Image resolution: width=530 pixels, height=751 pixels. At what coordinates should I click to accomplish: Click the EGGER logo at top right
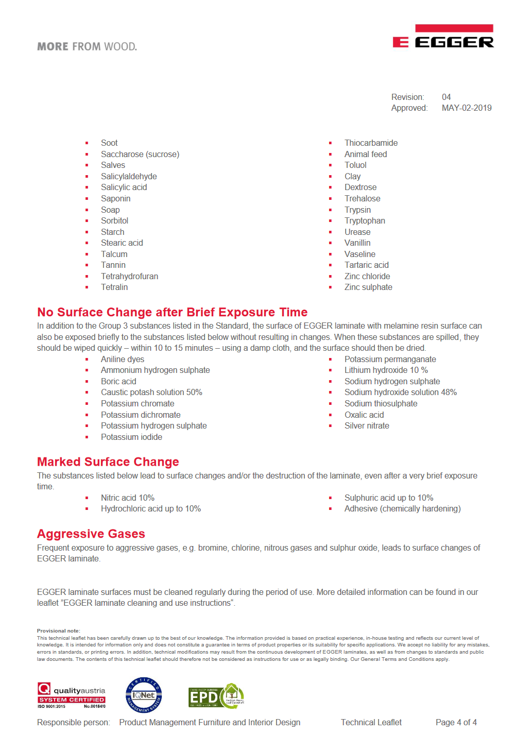[x=443, y=37]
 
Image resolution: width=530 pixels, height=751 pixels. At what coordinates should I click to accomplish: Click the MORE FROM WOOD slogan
[x=87, y=46]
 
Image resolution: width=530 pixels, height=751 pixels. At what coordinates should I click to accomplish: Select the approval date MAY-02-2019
[x=466, y=108]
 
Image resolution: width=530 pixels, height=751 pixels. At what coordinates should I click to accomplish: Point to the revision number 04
[x=446, y=97]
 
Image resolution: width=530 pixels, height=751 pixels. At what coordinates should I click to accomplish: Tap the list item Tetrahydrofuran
[x=129, y=277]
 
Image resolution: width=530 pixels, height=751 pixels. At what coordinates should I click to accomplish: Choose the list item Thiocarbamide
[x=371, y=143]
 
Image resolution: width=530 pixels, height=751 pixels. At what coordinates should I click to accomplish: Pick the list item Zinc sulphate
[x=368, y=287]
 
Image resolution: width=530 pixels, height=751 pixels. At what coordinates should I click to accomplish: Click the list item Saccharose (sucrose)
[x=140, y=155]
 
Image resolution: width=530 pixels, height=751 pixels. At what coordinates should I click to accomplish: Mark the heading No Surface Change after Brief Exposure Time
[x=172, y=312]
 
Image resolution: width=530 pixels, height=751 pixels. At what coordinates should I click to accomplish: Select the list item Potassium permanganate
[x=390, y=360]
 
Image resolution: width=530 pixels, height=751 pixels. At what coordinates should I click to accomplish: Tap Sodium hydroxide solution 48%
[x=400, y=392]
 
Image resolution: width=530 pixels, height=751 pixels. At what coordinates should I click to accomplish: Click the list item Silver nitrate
[x=367, y=426]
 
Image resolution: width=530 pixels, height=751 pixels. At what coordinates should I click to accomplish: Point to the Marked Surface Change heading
[x=108, y=462]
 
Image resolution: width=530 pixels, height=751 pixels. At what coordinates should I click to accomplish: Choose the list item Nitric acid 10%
[x=128, y=498]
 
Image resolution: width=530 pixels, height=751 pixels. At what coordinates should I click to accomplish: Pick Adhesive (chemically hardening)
[x=402, y=509]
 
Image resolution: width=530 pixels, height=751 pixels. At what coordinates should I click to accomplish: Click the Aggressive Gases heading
[x=91, y=534]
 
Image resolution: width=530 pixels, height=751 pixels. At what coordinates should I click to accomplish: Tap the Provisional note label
[x=59, y=631]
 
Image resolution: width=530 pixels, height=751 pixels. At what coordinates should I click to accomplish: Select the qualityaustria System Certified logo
[x=72, y=695]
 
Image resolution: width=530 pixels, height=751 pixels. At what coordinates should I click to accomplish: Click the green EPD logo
[x=216, y=696]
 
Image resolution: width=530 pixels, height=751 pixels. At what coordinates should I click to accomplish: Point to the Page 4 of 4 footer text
[x=456, y=723]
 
